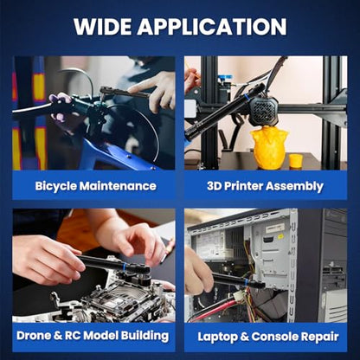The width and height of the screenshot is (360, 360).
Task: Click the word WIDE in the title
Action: point(103,27)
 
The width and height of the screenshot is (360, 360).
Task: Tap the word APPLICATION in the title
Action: point(212,27)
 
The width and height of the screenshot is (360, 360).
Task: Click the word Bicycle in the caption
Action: point(55,186)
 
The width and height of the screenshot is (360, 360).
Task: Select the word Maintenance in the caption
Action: point(118,186)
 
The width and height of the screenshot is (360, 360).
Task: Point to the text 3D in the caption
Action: point(214,186)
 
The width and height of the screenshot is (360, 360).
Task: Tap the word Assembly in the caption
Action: point(294,187)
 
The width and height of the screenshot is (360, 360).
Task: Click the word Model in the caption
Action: point(100,336)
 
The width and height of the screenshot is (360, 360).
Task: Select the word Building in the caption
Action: point(145,336)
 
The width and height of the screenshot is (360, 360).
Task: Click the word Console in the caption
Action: point(270,337)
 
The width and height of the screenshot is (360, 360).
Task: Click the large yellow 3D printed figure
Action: point(270,148)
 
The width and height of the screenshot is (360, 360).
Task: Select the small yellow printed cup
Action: point(296,161)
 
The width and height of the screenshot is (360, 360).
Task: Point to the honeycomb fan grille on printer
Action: point(264,109)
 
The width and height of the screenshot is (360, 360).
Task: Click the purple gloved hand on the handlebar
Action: point(60,106)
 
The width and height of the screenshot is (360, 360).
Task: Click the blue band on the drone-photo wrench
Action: point(124,267)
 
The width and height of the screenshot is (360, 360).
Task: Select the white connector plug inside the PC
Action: point(239,295)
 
